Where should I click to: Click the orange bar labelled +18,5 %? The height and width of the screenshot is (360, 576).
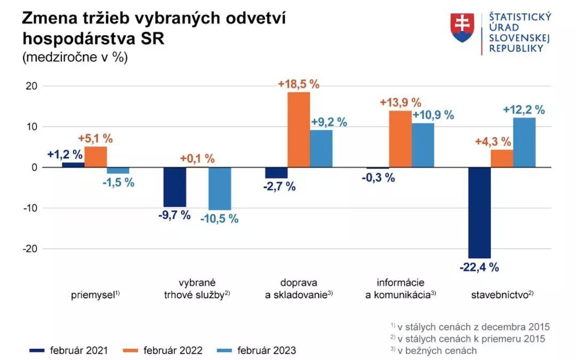click(x=299, y=130)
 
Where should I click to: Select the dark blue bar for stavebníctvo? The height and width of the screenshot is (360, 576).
click(x=479, y=212)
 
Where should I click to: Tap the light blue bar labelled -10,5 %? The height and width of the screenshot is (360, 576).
click(x=220, y=188)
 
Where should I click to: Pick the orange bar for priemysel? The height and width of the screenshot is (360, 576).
click(x=95, y=157)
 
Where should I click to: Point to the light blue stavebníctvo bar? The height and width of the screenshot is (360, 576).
click(x=524, y=142)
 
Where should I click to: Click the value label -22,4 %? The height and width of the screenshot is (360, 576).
click(x=479, y=268)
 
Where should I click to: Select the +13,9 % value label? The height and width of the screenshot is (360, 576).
click(x=401, y=103)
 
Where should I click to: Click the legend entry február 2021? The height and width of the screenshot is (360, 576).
click(x=69, y=350)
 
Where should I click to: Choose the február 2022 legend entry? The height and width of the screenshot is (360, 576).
click(x=164, y=350)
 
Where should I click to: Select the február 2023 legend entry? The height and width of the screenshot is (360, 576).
click(x=257, y=350)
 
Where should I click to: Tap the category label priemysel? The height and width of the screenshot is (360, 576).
click(x=95, y=294)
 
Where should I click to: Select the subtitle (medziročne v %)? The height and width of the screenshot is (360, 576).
click(x=75, y=58)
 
